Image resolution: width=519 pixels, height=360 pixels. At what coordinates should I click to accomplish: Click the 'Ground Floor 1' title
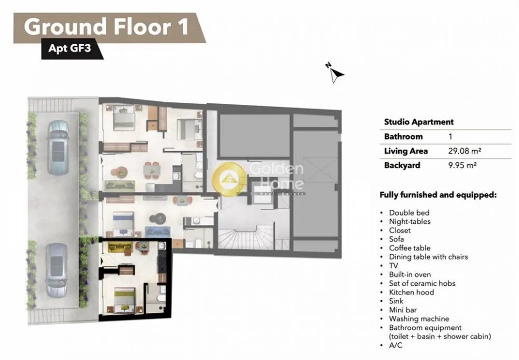(106, 26)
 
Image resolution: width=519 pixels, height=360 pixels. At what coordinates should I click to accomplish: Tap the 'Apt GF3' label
(70, 48)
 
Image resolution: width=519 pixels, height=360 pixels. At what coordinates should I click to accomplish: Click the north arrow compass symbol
(335, 73)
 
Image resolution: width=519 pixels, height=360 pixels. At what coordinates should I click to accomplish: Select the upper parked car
(59, 148)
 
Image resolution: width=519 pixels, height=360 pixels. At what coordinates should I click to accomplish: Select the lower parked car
(57, 270)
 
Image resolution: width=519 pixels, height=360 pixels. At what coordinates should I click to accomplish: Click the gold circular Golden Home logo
(228, 179)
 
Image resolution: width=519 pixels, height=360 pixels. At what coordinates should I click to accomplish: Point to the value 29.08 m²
(465, 151)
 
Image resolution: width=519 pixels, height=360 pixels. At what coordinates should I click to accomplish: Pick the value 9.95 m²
(462, 165)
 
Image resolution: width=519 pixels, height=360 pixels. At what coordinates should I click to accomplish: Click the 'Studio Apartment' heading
(419, 122)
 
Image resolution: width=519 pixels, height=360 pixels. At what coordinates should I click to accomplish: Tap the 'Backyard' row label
(402, 165)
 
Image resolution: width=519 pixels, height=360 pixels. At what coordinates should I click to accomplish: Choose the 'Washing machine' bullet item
(419, 318)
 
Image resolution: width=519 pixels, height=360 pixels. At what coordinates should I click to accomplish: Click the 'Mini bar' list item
(403, 310)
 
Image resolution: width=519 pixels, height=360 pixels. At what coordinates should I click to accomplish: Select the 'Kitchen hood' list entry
(411, 292)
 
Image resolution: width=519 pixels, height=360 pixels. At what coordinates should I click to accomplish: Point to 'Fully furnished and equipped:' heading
(438, 195)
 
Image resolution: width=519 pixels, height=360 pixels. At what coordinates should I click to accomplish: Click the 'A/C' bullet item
(395, 345)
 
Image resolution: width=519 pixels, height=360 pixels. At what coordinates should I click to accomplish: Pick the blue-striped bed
(123, 220)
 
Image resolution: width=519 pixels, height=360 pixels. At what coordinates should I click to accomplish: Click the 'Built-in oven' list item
(410, 275)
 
